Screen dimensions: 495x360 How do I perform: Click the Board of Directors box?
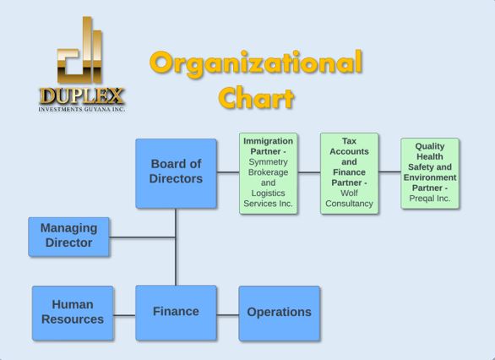[177, 173]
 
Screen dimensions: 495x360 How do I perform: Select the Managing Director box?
[68, 237]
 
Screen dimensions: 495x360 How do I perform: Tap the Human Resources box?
[73, 313]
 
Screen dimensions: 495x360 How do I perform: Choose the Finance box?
[177, 313]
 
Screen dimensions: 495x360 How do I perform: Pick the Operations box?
[280, 314]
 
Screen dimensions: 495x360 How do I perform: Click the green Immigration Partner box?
[269, 173]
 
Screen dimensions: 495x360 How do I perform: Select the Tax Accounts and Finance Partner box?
[349, 173]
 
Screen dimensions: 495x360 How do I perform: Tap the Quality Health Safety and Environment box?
[430, 173]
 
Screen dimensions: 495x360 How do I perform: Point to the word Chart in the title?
[256, 98]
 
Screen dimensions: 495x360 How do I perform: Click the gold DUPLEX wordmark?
[82, 96]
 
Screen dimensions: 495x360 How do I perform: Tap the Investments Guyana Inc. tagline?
[82, 109]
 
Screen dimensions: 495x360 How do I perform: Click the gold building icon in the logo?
[79, 50]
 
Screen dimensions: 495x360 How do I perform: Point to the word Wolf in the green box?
[349, 193]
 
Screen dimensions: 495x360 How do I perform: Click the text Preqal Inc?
[430, 199]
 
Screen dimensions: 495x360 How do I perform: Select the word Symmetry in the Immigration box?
[268, 162]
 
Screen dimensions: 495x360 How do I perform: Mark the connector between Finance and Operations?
[227, 315]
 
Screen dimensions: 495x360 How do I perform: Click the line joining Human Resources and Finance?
[124, 315]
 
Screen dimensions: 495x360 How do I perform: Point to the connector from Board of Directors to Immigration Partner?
[228, 172]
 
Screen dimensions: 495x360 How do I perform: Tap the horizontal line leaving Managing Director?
[143, 237]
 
